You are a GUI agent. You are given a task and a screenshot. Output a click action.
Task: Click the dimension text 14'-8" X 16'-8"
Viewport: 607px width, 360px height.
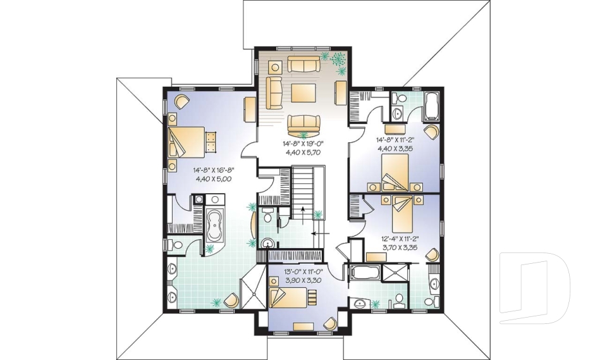click(x=212, y=170)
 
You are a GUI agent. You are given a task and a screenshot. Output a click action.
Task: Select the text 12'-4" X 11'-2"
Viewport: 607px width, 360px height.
click(x=400, y=239)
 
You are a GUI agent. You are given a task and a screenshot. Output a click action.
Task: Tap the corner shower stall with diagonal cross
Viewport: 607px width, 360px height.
click(x=254, y=288)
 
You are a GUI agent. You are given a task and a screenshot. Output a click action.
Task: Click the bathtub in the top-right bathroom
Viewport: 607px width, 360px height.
click(x=432, y=106)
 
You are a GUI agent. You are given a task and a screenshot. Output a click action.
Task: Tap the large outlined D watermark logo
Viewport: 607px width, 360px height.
click(x=534, y=283)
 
